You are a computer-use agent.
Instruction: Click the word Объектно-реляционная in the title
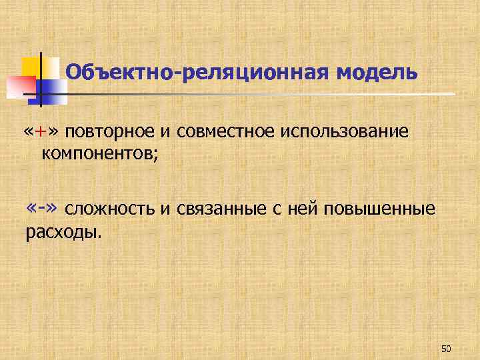coord(197,71)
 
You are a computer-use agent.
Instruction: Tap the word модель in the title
coord(377,71)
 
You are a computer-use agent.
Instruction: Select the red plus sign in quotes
coord(41,131)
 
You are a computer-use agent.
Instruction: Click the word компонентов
coord(97,155)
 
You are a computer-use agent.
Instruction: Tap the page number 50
coord(446,349)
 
